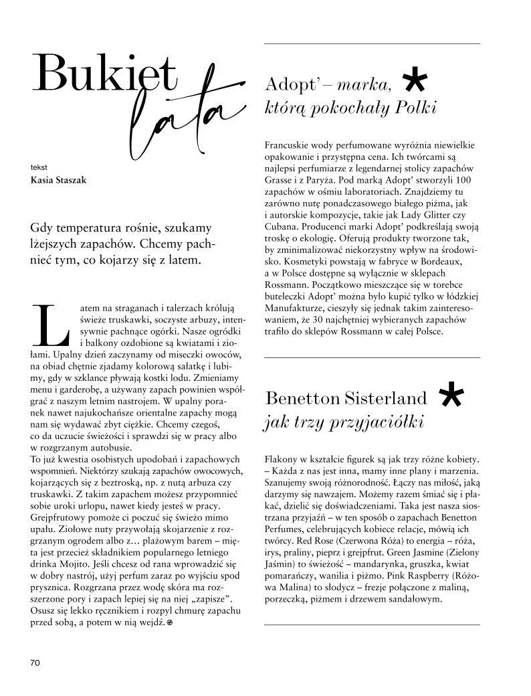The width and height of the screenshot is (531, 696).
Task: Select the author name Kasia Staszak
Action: (x=59, y=179)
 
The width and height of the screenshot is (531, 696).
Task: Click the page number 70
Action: (x=35, y=663)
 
